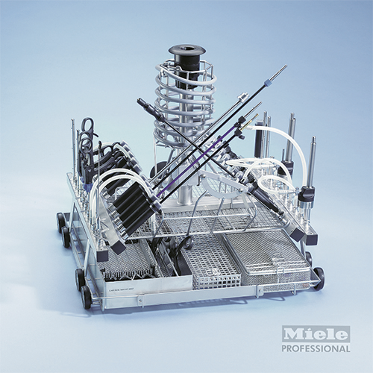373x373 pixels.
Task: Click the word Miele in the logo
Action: point(316,333)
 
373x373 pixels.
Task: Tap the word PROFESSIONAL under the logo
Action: point(316,348)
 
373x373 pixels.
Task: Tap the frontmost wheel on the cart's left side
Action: point(86,297)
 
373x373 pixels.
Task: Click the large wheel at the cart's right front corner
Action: point(319,278)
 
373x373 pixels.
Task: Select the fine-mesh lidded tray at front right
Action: point(266,259)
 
